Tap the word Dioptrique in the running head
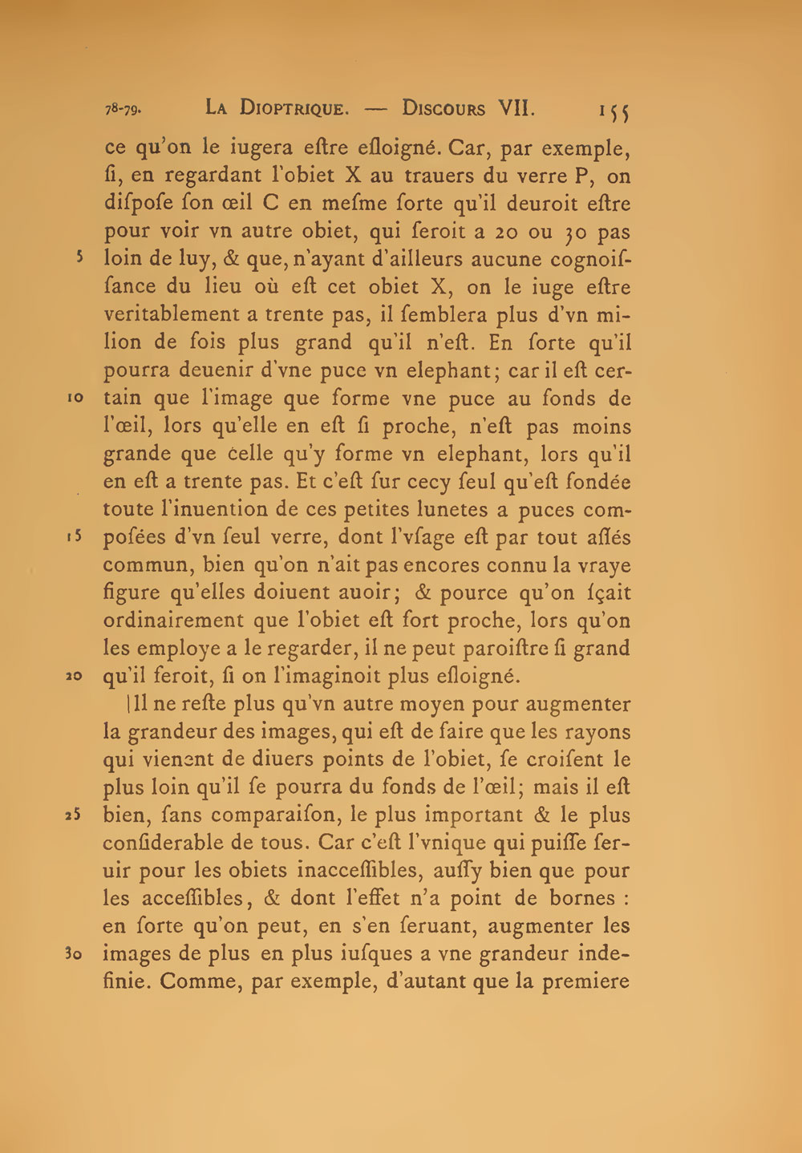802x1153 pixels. click(293, 109)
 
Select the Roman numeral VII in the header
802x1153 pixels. click(516, 108)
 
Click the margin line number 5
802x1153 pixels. click(80, 258)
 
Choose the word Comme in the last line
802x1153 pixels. click(193, 982)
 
